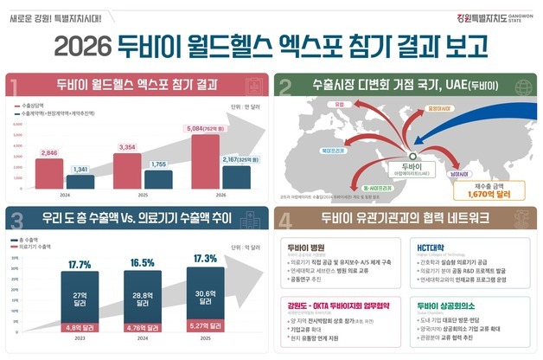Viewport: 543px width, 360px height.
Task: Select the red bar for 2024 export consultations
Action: (50, 173)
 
